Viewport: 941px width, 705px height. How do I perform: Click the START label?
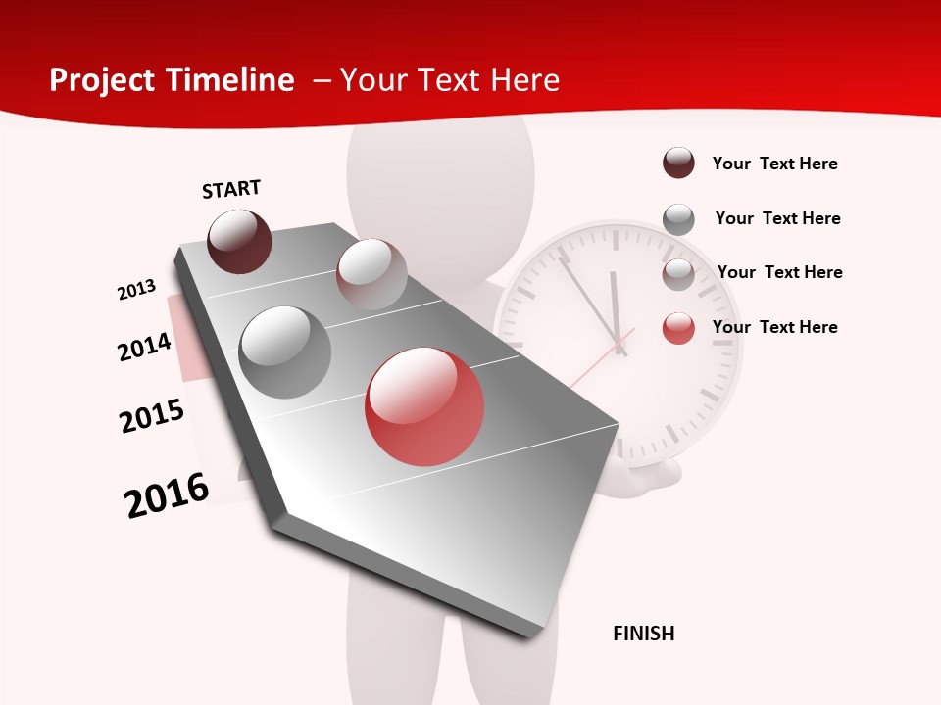pos(231,189)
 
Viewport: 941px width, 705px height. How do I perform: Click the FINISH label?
pos(643,634)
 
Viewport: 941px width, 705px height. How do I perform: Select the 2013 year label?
pos(136,290)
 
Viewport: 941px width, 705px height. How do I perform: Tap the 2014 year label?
pos(144,347)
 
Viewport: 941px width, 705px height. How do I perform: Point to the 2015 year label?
pos(151,416)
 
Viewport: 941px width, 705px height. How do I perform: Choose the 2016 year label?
pos(167,495)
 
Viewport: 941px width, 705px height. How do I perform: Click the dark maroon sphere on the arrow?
pos(239,241)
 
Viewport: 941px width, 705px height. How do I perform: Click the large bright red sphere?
pos(424,406)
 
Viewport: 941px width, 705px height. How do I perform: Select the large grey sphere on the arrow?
pos(284,352)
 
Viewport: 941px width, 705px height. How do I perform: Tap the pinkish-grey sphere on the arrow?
pos(371,274)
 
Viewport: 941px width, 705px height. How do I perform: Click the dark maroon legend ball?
pos(678,164)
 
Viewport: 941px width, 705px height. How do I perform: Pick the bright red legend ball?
pos(678,327)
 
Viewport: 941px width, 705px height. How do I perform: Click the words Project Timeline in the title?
pos(172,80)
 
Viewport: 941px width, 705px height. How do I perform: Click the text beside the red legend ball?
pos(774,327)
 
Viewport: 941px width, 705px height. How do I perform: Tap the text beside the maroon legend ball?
pos(774,164)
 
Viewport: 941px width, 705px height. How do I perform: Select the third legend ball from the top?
pos(678,273)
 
